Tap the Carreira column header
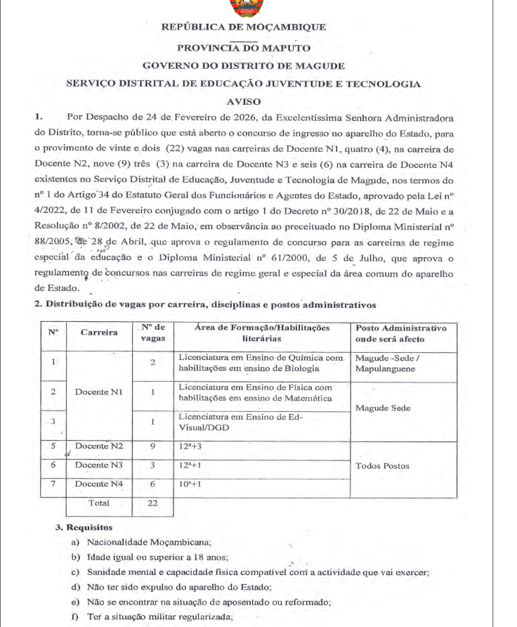pyautogui.click(x=98, y=332)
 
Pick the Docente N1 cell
pyautogui.click(x=98, y=391)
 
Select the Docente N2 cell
pyautogui.click(x=98, y=446)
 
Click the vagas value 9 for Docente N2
pyautogui.click(x=152, y=446)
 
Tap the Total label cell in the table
pyautogui.click(x=98, y=503)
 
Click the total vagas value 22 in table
pyautogui.click(x=152, y=503)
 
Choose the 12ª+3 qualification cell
pyautogui.click(x=190, y=446)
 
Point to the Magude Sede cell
pyautogui.click(x=382, y=408)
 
